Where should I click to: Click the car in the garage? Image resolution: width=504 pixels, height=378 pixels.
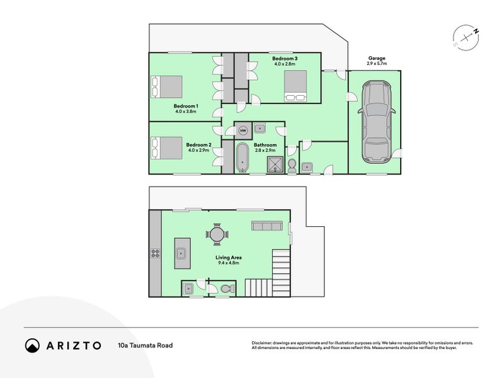(x=376, y=122)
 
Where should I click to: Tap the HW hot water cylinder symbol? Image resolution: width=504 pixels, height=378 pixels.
(x=243, y=131)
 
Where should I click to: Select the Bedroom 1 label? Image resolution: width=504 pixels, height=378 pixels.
(x=186, y=106)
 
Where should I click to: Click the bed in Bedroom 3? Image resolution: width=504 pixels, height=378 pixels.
(x=295, y=86)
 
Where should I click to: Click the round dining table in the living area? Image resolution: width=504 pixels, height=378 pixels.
(x=217, y=234)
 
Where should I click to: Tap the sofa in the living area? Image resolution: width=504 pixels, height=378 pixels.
(x=267, y=226)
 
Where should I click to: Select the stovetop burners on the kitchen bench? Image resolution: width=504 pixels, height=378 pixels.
(x=156, y=254)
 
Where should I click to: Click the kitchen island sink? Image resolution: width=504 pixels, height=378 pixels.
(x=181, y=253)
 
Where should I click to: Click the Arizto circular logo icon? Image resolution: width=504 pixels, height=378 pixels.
(x=33, y=345)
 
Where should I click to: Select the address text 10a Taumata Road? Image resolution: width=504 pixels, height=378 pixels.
(x=146, y=345)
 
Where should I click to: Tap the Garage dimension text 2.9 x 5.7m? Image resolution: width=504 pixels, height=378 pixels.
(x=377, y=64)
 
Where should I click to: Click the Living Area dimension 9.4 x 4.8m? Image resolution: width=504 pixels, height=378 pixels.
(x=228, y=263)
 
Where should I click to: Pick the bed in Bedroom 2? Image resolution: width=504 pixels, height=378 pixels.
(x=167, y=148)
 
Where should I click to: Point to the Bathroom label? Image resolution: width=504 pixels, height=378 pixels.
(x=265, y=145)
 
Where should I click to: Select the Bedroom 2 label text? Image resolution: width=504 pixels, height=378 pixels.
(x=198, y=145)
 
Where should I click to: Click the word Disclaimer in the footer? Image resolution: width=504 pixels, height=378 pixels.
(x=261, y=343)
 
